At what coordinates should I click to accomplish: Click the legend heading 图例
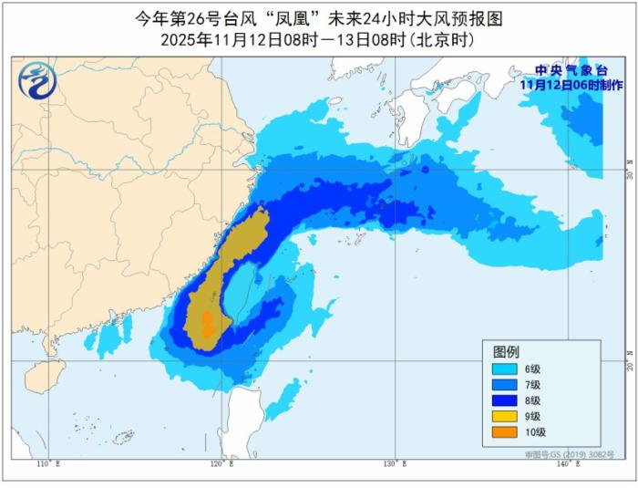pos(506,352)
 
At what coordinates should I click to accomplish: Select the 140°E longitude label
pos(566,465)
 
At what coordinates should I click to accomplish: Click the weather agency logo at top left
pos(36,82)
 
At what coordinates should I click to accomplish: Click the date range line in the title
pos(319,41)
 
